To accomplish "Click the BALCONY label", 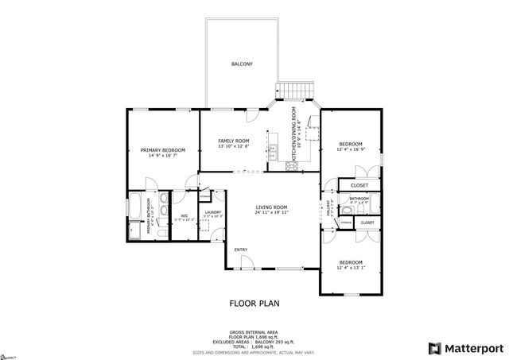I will click(242, 64).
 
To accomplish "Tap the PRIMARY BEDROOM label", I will click(163, 150).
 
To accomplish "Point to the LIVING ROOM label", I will click(271, 207).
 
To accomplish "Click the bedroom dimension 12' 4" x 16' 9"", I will click(351, 149).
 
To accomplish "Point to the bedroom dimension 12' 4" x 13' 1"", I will click(351, 268).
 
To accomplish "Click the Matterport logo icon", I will click(433, 347).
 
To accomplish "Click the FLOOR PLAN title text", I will click(254, 304).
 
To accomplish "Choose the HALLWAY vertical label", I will click(327, 209).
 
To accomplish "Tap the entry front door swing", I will click(245, 263).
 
